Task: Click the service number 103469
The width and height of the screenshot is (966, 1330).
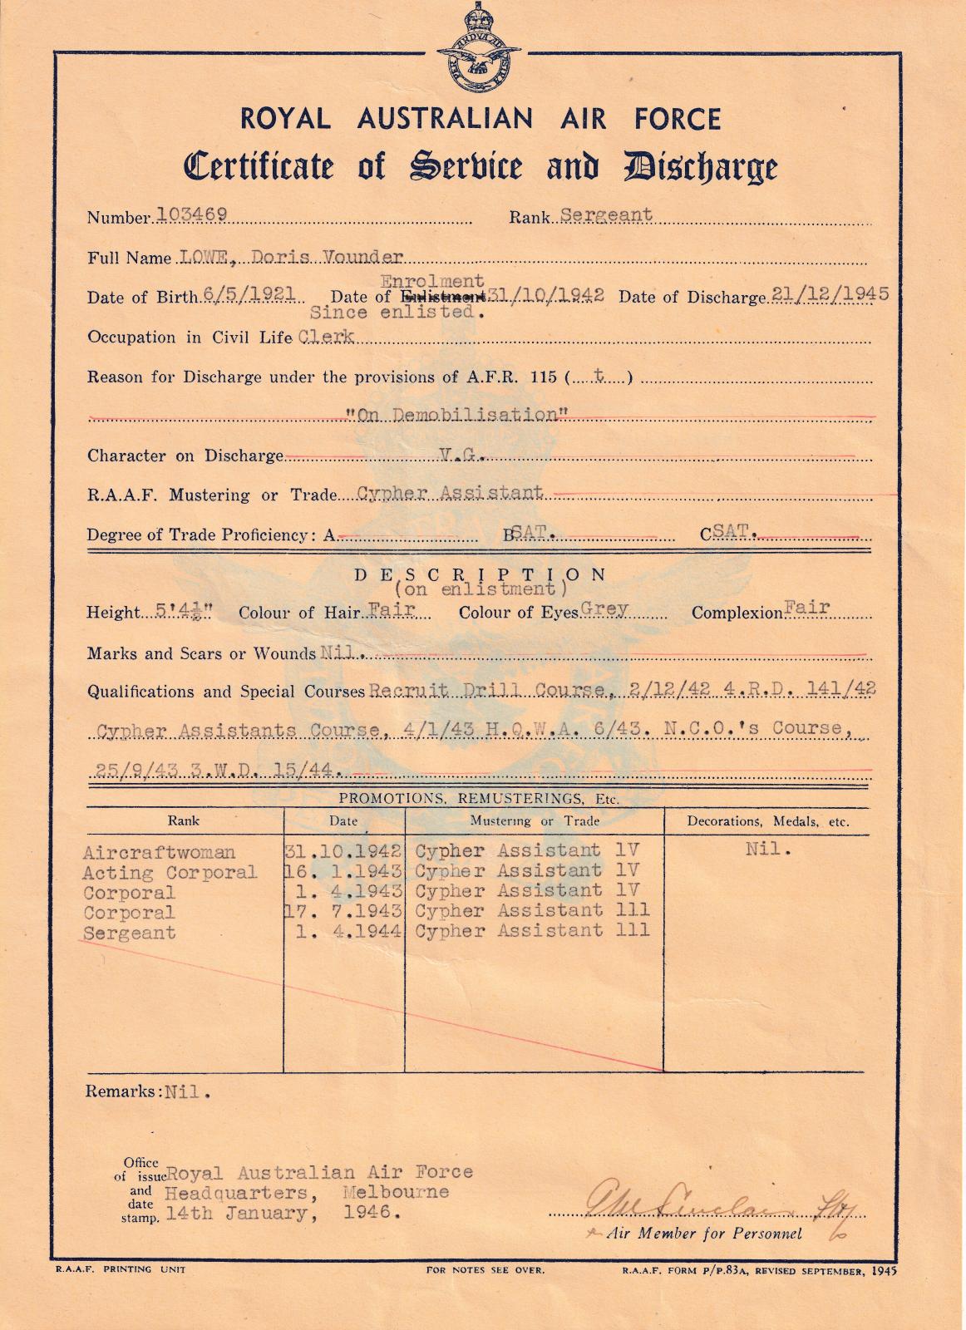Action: click(192, 214)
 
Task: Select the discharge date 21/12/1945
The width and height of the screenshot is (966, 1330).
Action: click(827, 293)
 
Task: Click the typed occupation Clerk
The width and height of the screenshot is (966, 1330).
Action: click(326, 336)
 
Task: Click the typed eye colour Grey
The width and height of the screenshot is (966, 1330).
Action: click(604, 608)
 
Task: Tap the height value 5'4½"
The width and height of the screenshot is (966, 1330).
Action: click(185, 612)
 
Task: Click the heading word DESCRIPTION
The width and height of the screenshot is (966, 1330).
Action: click(481, 574)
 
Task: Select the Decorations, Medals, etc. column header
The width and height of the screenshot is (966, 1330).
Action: click(767, 821)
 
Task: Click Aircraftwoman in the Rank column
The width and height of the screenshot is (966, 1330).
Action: click(159, 853)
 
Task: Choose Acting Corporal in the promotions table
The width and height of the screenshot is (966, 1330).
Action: click(170, 873)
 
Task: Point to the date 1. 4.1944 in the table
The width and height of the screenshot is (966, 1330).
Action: click(349, 931)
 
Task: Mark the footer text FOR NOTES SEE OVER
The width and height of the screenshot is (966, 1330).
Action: click(485, 1269)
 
